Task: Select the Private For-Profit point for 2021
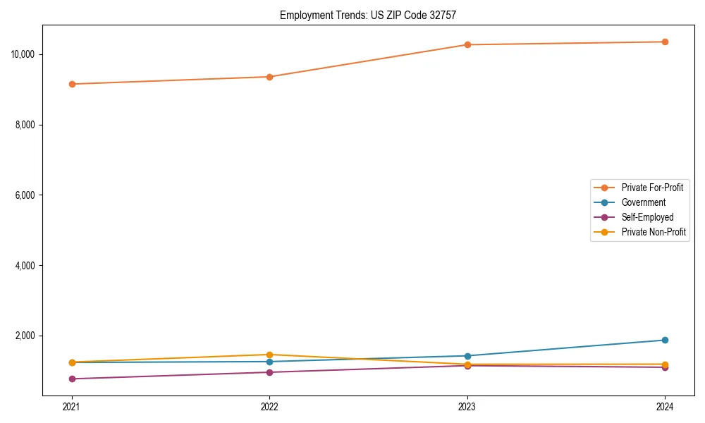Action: click(72, 84)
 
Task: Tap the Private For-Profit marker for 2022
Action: click(269, 77)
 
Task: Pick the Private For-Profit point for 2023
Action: click(467, 44)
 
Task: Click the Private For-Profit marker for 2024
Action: click(665, 42)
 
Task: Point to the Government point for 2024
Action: click(665, 340)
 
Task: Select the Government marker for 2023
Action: click(467, 356)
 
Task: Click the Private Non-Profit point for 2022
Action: click(269, 355)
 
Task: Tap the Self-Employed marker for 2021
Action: click(72, 379)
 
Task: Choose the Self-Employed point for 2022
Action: click(269, 372)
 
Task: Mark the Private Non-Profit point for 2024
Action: click(665, 364)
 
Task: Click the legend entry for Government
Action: click(643, 202)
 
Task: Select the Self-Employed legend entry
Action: click(647, 217)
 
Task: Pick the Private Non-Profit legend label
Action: click(654, 232)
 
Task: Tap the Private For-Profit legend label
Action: click(652, 188)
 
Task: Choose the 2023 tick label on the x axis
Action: click(467, 406)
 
